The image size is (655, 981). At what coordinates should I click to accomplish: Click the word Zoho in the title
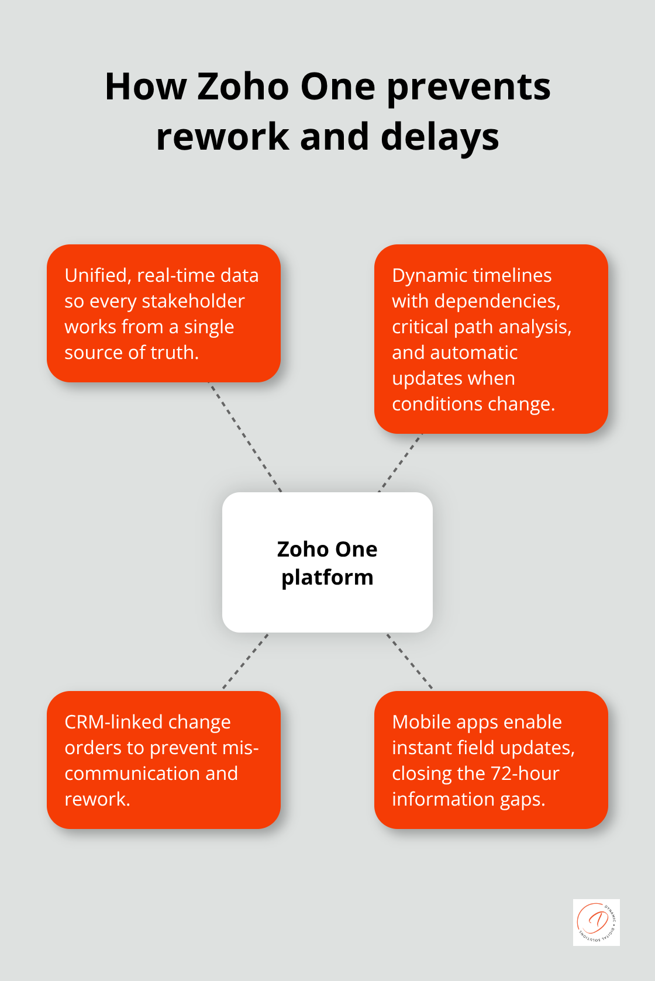[x=243, y=87]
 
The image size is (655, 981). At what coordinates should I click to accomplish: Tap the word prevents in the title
[x=468, y=88]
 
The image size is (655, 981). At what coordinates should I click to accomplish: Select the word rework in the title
[x=222, y=137]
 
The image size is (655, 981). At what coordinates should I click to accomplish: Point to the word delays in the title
[x=440, y=137]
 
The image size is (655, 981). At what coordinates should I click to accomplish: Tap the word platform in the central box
[x=327, y=578]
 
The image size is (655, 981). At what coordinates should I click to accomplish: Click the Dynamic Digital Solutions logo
[x=596, y=922]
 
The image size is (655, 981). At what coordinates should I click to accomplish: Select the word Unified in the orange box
[x=96, y=275]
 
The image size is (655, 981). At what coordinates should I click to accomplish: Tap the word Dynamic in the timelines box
[x=430, y=275]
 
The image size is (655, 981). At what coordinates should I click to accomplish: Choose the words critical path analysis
[x=481, y=327]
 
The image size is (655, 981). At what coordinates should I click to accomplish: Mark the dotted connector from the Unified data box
[x=245, y=437]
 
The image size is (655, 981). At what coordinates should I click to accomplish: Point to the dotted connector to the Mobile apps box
[x=409, y=661]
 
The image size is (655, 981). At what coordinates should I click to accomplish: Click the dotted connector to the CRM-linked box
[x=246, y=661]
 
